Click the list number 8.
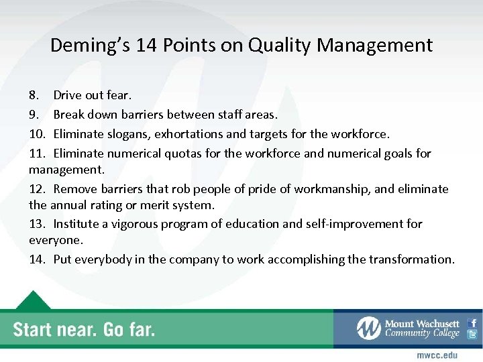coord(34,95)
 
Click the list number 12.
coord(37,189)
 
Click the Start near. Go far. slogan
coord(84,329)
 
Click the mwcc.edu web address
coord(437,354)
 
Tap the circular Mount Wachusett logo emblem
coord(368,328)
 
